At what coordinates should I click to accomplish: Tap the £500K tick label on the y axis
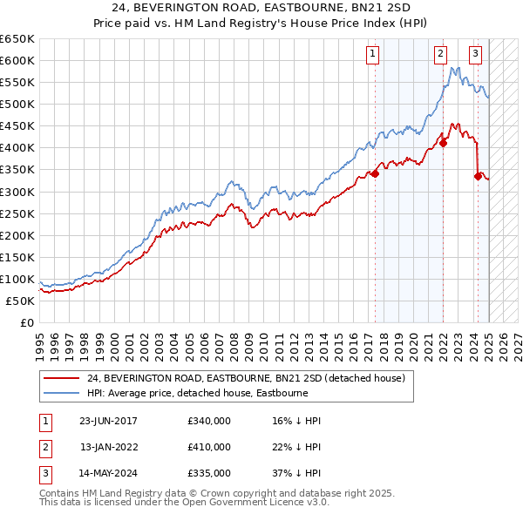pyautogui.click(x=18, y=105)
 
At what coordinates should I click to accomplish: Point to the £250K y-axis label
pyautogui.click(x=18, y=213)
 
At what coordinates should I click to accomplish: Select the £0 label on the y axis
pyautogui.click(x=28, y=323)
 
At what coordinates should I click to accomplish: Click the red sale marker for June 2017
pyautogui.click(x=375, y=174)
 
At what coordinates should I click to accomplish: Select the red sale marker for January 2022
pyautogui.click(x=443, y=144)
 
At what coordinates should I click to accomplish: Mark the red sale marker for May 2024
pyautogui.click(x=478, y=176)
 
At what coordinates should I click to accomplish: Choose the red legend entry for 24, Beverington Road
pyautogui.click(x=246, y=379)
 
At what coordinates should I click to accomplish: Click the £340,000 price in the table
pyautogui.click(x=209, y=421)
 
